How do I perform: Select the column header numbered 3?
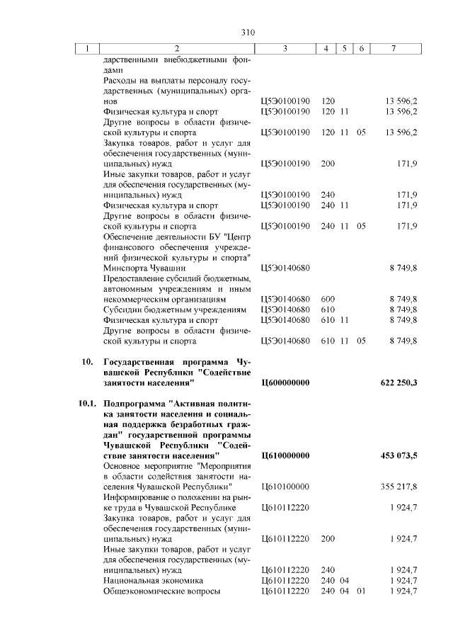tap(284, 49)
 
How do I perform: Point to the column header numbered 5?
tap(343, 49)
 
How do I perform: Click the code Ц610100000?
tap(285, 487)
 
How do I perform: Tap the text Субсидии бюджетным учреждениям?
tap(174, 310)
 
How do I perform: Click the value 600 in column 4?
tap(328, 300)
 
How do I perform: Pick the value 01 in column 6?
tap(361, 591)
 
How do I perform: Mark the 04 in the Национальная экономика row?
tap(345, 580)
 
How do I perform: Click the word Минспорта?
tap(125, 268)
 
